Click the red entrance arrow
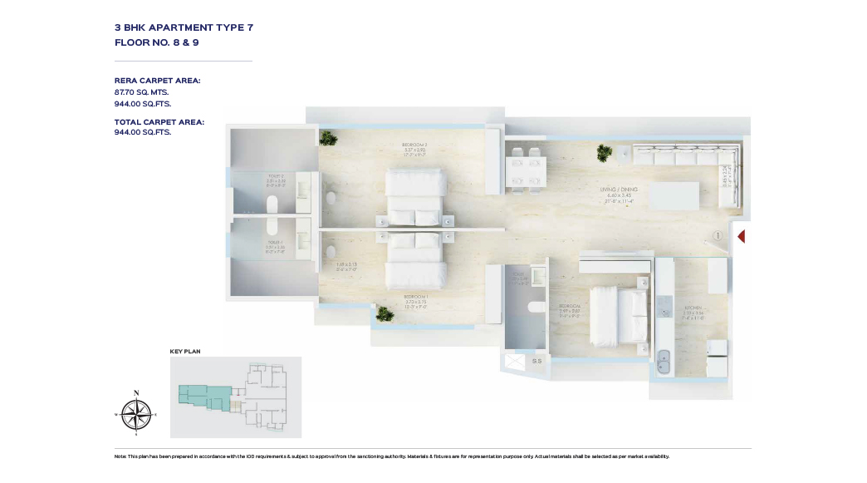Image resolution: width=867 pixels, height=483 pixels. click(x=741, y=237)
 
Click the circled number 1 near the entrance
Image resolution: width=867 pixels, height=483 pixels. click(x=716, y=236)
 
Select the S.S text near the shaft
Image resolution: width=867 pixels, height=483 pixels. click(x=536, y=362)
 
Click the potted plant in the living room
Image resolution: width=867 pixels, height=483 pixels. click(x=604, y=152)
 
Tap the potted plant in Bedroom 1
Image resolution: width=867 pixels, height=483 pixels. click(x=384, y=313)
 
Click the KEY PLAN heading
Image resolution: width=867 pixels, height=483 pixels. click(x=185, y=352)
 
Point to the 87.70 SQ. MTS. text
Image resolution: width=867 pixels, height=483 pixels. click(x=141, y=93)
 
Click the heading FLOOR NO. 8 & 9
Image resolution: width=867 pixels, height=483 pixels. click(x=156, y=42)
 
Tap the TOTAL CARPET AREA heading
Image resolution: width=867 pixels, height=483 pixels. click(x=159, y=122)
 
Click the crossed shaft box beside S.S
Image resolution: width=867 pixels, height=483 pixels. click(x=515, y=363)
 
